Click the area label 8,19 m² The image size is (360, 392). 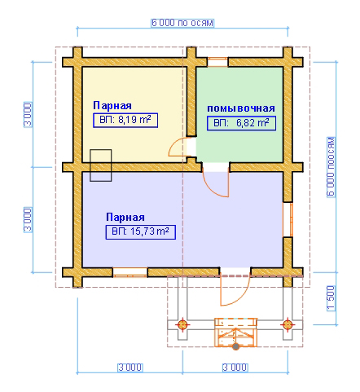(x=125, y=120)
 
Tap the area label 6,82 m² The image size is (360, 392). (x=241, y=123)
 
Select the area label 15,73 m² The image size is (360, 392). (x=141, y=232)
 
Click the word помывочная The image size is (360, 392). (x=241, y=108)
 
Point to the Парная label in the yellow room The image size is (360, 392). (x=112, y=105)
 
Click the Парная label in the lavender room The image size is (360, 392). (x=125, y=217)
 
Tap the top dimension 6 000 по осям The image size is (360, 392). (x=182, y=23)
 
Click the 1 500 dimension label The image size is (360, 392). (x=331, y=298)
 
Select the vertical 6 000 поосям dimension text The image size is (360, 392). (x=331, y=167)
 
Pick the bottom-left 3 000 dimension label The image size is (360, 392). (x=130, y=368)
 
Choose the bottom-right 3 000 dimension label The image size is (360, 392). (x=235, y=368)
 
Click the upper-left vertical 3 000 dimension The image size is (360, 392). (x=28, y=115)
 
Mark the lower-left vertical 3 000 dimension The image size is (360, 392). (x=28, y=219)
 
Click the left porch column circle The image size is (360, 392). (x=182, y=324)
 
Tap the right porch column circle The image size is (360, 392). (x=288, y=324)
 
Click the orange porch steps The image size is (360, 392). (x=235, y=333)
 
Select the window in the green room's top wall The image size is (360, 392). (x=217, y=62)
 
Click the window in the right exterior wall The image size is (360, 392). (x=288, y=219)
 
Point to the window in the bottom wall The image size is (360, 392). (x=130, y=272)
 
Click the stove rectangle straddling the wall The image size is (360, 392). (x=101, y=165)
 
